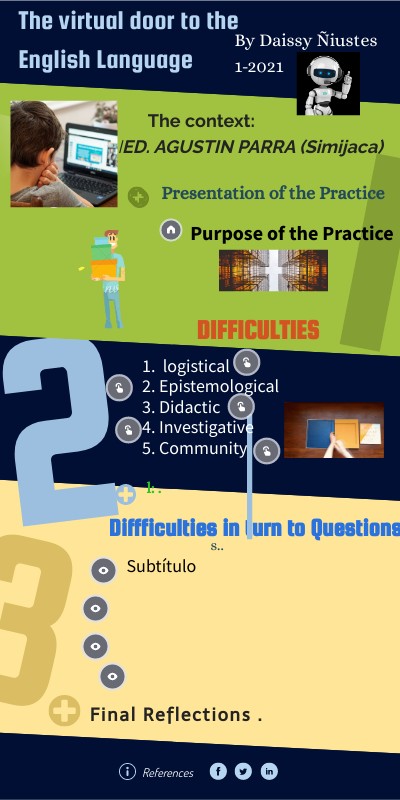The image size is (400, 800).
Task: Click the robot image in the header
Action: click(327, 83)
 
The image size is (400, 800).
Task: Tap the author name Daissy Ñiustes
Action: click(305, 41)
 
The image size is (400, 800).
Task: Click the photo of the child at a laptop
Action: click(64, 153)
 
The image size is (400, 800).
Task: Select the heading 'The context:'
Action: click(201, 121)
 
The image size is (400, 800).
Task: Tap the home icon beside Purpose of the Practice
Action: click(171, 230)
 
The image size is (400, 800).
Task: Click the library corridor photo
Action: click(267, 270)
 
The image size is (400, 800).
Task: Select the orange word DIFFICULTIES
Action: click(258, 330)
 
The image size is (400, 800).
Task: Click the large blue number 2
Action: click(60, 430)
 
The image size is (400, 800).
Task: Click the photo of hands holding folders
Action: click(333, 430)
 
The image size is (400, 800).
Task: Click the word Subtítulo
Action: click(161, 567)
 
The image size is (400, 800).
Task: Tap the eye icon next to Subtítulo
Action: click(103, 570)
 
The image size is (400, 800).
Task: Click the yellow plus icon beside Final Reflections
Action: click(64, 712)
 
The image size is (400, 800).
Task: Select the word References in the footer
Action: click(168, 772)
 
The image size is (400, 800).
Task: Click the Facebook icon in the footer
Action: click(218, 771)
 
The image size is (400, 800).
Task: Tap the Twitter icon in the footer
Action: click(243, 771)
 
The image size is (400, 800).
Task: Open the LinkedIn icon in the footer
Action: click(269, 771)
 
